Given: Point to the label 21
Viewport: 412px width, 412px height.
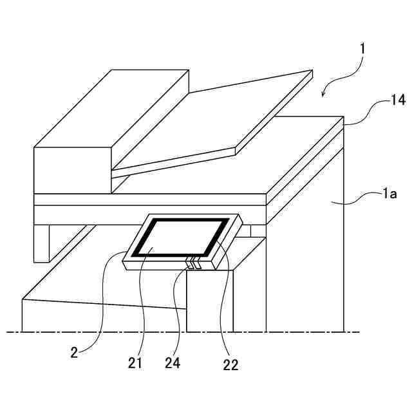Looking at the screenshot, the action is pyautogui.click(x=135, y=363).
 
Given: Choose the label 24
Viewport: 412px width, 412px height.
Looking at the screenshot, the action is pyautogui.click(x=172, y=363).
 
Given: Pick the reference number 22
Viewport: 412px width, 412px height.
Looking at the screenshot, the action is pyautogui.click(x=230, y=365).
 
